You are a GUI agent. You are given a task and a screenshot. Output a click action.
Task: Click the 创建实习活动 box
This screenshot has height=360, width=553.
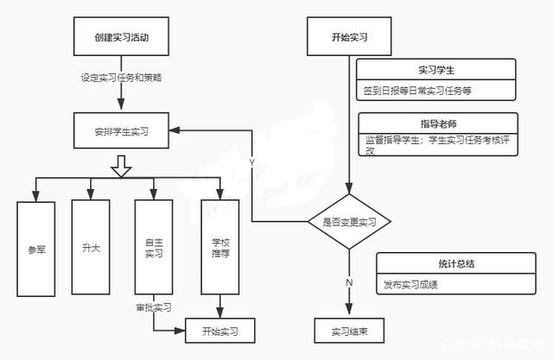[122, 38]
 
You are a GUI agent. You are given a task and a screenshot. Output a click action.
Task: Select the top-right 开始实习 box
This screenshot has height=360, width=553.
[350, 38]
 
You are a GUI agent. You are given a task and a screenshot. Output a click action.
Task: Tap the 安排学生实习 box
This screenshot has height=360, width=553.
[122, 131]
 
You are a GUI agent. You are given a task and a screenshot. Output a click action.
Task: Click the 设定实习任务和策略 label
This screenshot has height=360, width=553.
[122, 77]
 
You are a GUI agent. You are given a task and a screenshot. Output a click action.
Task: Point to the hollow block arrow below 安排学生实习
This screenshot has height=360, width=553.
[122, 166]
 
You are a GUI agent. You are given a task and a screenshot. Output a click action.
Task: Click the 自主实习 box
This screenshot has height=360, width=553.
[155, 248]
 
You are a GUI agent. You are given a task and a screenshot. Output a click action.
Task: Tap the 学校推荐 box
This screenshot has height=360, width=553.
[220, 248]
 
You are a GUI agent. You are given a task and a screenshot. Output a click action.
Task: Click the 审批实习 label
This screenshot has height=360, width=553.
[154, 306]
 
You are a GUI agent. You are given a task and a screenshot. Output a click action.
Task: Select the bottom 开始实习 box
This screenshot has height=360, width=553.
[220, 330]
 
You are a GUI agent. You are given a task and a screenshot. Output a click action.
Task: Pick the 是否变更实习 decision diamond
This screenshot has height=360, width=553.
[350, 222]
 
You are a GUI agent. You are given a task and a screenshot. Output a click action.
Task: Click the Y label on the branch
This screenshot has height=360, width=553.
[251, 162]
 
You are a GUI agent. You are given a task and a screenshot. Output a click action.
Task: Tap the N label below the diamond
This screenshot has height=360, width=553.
[349, 282]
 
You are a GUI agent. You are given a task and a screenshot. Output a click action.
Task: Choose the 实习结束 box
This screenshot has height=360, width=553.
[349, 330]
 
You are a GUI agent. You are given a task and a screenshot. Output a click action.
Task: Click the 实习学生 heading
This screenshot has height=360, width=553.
[436, 69]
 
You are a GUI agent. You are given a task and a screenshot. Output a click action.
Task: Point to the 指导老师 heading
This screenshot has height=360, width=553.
[437, 123]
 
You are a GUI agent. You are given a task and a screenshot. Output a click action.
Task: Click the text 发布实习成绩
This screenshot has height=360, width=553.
[411, 284]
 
